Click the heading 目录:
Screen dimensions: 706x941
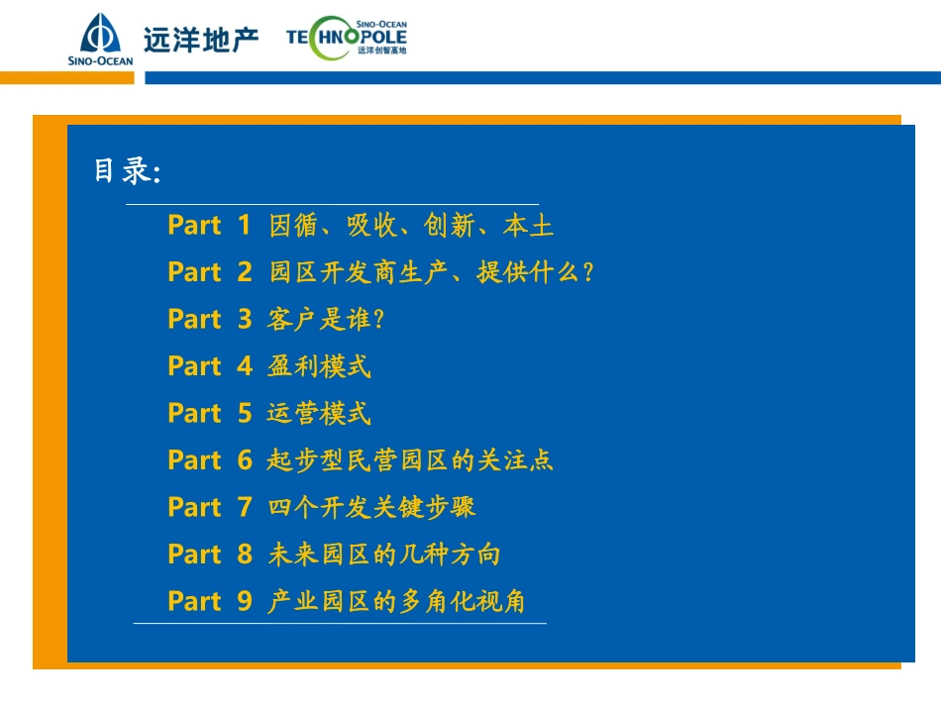tap(127, 171)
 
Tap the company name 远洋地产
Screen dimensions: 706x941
tap(200, 40)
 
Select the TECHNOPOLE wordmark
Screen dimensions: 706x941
tap(346, 37)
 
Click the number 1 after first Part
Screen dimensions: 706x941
tap(244, 226)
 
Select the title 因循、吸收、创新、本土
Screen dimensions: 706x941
tap(411, 226)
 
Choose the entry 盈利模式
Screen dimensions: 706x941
tap(319, 366)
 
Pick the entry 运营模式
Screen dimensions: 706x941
tap(319, 413)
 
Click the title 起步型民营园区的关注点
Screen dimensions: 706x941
tap(410, 460)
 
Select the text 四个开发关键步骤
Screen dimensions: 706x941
tap(371, 507)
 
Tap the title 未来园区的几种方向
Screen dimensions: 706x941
tap(384, 555)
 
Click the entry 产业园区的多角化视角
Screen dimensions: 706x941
tap(396, 601)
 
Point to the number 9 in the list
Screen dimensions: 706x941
tap(245, 601)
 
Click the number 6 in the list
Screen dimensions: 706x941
tap(245, 460)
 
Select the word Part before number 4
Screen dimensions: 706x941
tap(194, 366)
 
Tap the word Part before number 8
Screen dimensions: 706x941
tap(194, 555)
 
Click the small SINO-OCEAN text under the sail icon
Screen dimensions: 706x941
tap(100, 60)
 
